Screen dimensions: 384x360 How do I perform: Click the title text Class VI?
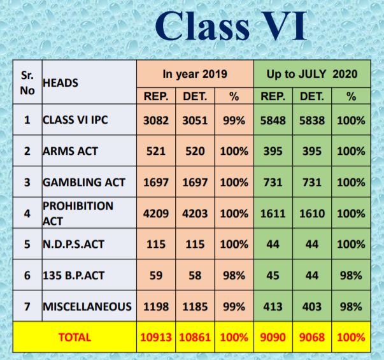pyautogui.click(x=231, y=25)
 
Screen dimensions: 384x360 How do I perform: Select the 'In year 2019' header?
pyautogui.click(x=195, y=74)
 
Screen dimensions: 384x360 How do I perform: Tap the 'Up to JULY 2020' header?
pyautogui.click(x=312, y=74)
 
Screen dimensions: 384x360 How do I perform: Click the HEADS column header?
pyautogui.click(x=60, y=83)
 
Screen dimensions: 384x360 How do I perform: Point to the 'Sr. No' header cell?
pyautogui.click(x=27, y=83)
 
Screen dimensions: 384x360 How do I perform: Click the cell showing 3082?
pyautogui.click(x=156, y=120)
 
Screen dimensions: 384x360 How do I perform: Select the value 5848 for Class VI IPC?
pyautogui.click(x=273, y=120)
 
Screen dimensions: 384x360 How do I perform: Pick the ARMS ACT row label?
pyautogui.click(x=71, y=151)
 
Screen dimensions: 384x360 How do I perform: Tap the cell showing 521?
pyautogui.click(x=156, y=151)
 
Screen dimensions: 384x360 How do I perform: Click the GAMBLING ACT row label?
pyautogui.click(x=84, y=182)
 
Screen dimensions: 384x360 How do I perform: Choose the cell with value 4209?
pyautogui.click(x=156, y=213)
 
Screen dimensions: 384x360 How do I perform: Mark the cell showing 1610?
pyautogui.click(x=312, y=213)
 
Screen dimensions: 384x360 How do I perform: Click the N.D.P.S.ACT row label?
pyautogui.click(x=74, y=244)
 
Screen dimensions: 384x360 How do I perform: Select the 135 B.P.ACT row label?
pyautogui.click(x=74, y=275)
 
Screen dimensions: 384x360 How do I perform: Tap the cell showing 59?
pyautogui.click(x=156, y=275)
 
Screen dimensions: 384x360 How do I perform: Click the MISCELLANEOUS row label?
pyautogui.click(x=87, y=306)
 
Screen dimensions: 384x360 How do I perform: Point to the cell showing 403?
pyautogui.click(x=312, y=306)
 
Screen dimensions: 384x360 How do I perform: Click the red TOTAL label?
pyautogui.click(x=75, y=338)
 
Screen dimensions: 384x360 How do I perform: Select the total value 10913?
pyautogui.click(x=156, y=338)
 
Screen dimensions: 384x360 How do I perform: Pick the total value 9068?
pyautogui.click(x=312, y=338)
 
